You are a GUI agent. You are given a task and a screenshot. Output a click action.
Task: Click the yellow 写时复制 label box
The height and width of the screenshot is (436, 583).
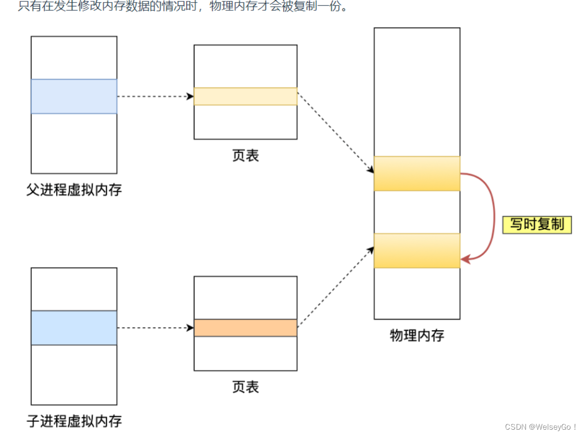pos(537,225)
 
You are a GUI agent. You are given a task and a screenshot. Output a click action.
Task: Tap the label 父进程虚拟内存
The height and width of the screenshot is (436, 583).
pos(74,190)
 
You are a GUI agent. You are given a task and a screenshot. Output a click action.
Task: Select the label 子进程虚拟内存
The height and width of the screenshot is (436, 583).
pos(74,420)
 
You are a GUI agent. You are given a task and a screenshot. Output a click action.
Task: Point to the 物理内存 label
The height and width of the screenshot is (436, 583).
pos(417,336)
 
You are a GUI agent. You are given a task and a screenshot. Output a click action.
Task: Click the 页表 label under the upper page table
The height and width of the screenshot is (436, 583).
pos(245,156)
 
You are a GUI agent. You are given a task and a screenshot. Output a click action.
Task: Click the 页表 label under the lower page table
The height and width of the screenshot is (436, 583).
pos(245,387)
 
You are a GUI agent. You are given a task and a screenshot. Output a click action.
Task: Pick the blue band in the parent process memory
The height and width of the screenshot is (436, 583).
pos(74,97)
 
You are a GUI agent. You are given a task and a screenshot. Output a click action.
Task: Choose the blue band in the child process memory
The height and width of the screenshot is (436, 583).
pos(74,328)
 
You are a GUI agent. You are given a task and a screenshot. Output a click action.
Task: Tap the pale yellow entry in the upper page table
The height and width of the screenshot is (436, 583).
pos(245,97)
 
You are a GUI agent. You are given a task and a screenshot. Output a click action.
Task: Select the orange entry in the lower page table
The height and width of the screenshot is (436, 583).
pos(245,328)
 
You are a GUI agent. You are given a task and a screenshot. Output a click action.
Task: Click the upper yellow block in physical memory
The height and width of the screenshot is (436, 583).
pos(417,173)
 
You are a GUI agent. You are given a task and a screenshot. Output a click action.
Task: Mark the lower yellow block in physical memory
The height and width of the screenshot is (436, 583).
pos(417,251)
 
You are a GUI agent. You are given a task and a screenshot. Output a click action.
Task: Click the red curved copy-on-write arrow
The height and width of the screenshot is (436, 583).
pos(489,215)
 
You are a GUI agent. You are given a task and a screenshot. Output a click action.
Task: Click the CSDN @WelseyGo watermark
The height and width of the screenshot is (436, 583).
pos(541,427)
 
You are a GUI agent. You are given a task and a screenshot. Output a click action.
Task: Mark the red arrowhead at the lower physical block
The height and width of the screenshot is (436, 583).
pos(465,260)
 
